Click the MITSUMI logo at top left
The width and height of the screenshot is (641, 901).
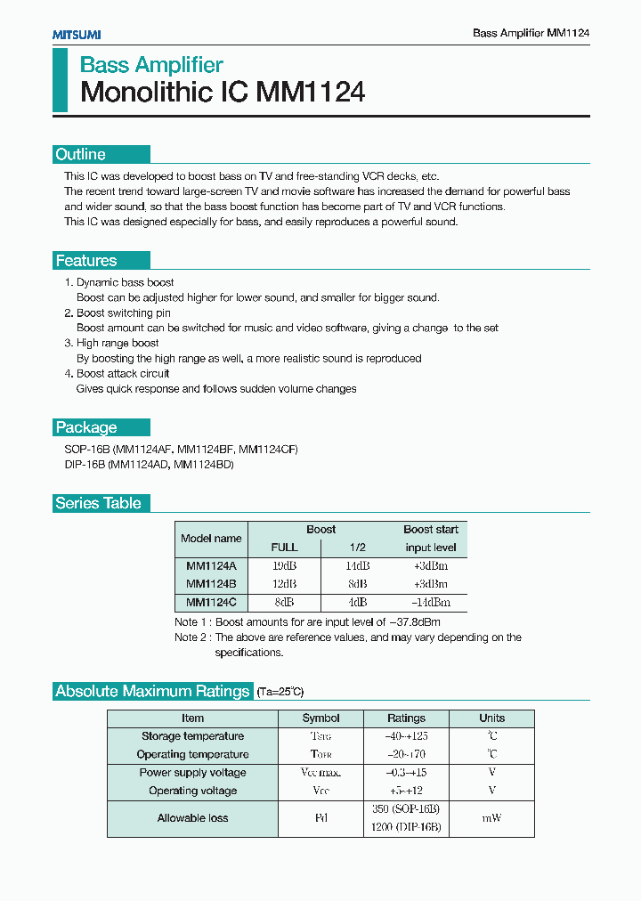pos(76,34)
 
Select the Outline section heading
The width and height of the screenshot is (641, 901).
pos(81,154)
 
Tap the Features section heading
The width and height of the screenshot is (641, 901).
pos(86,261)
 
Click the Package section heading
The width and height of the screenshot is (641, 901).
pos(86,427)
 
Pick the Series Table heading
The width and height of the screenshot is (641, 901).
pos(98,503)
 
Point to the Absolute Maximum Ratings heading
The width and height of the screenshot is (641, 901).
pos(152,691)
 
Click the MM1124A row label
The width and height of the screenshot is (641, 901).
pos(211,566)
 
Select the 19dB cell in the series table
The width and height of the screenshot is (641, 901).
pos(284,566)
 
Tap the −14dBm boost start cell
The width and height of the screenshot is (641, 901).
pos(430,603)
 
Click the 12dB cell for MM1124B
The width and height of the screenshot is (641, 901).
pos(284,584)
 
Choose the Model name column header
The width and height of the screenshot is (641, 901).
pos(211,538)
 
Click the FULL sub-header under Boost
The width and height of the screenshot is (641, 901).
pos(284,548)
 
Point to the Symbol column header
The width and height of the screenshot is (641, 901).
pos(320,718)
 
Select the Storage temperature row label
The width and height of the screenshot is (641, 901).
pos(192,736)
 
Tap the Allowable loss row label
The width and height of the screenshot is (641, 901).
pos(192,818)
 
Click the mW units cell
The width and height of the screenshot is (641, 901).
pos(491,818)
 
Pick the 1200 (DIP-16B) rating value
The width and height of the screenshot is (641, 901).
pos(406,827)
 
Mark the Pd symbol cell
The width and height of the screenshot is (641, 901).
pos(320,818)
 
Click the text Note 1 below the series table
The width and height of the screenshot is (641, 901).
pos(192,622)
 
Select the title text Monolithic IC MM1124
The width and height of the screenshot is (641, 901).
pos(223,93)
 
